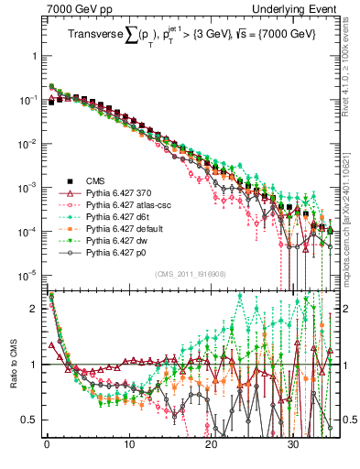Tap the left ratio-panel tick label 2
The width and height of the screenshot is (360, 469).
coord(33,309)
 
